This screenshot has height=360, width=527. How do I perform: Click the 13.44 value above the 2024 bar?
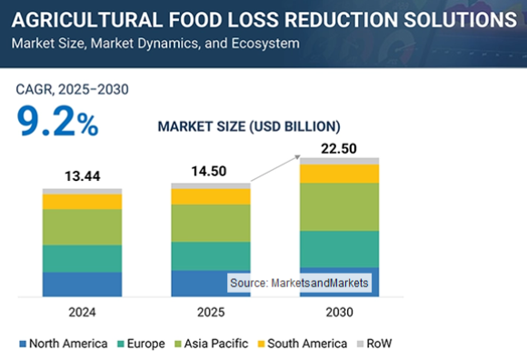(82, 175)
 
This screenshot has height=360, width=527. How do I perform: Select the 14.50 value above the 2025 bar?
(211, 170)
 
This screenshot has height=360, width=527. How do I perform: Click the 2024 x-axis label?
(82, 311)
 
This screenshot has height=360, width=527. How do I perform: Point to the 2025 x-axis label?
(211, 311)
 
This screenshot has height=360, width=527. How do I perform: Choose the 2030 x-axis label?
(339, 311)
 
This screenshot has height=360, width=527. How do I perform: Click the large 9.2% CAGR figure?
(56, 122)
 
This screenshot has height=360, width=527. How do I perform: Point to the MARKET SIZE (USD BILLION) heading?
(249, 125)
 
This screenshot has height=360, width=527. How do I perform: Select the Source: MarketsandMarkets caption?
(299, 284)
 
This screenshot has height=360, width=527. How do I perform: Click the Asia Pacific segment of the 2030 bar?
(339, 206)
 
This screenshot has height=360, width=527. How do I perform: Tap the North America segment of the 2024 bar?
(82, 285)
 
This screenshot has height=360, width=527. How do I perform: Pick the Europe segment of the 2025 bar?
(211, 255)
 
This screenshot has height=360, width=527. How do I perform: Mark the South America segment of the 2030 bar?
(339, 174)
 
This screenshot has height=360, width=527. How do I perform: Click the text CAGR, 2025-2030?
(72, 89)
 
